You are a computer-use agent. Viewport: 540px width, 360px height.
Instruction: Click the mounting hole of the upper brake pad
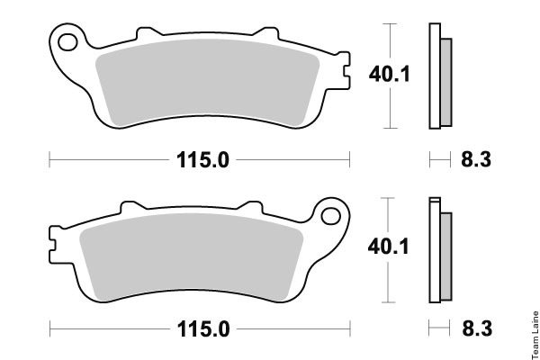click(x=67, y=42)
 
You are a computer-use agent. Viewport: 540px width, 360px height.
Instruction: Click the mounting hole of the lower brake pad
click(x=330, y=216)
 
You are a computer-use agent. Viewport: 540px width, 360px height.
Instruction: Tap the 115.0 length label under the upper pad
click(x=202, y=160)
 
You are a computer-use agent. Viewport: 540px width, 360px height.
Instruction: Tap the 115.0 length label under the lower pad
click(x=203, y=329)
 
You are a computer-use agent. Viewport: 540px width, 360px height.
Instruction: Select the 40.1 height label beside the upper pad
click(x=390, y=75)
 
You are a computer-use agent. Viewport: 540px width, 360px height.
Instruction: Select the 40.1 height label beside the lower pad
click(x=389, y=247)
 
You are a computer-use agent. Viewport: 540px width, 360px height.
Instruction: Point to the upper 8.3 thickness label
click(x=476, y=160)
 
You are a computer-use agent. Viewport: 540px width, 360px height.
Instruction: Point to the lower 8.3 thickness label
click(x=477, y=328)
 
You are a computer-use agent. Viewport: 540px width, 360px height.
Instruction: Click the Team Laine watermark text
click(x=535, y=335)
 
